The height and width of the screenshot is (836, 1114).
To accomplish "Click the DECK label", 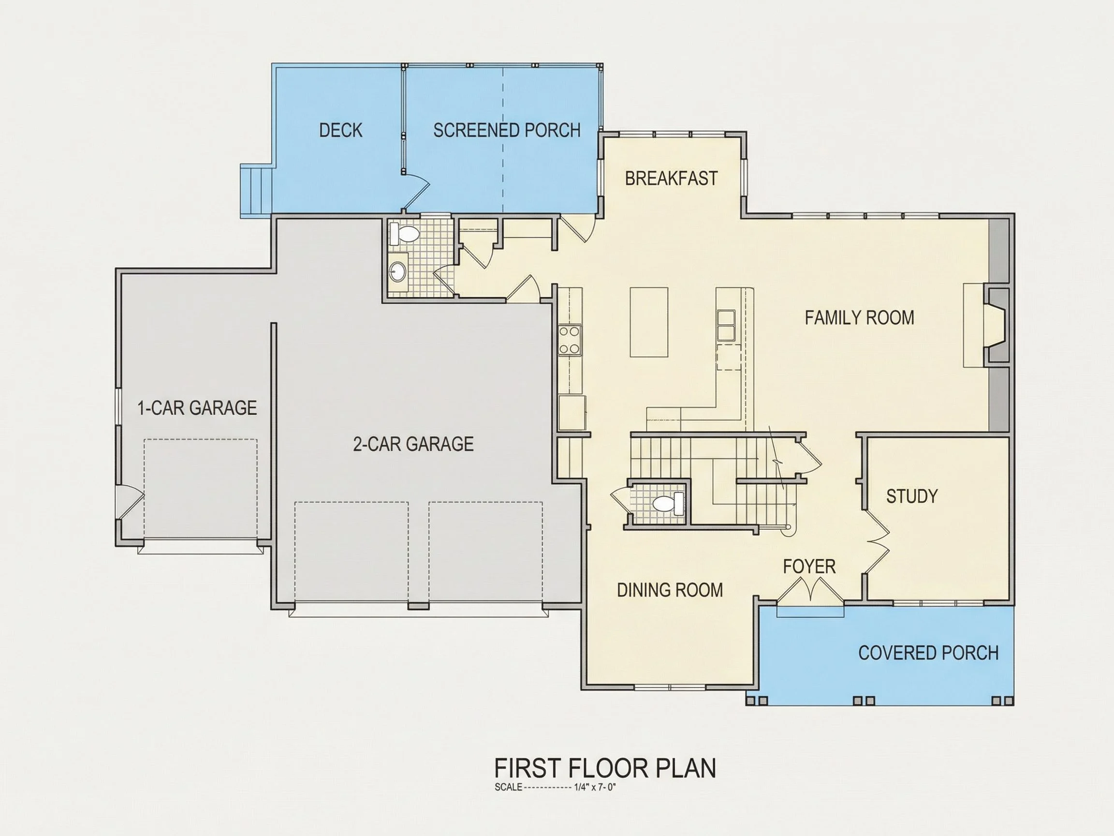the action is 340,131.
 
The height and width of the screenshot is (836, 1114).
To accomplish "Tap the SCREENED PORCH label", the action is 507,131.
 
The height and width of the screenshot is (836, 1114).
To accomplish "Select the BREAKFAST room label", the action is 671,179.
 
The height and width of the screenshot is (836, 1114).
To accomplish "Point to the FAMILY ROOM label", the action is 859,318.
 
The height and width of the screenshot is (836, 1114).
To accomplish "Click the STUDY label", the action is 911,496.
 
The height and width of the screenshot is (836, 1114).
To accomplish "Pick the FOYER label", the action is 809,567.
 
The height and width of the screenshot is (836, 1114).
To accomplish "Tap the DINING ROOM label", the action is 670,590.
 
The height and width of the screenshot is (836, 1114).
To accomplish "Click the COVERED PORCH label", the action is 928,653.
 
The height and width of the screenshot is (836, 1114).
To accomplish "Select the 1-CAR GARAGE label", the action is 197,408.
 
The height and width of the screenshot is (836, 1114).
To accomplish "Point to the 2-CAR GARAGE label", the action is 413,444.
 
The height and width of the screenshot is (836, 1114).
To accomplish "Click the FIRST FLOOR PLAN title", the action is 605,768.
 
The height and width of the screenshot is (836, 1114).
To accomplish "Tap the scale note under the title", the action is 556,788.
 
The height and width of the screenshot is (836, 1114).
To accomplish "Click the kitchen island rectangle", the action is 649,322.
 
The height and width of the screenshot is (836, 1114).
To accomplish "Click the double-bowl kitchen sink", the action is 726,326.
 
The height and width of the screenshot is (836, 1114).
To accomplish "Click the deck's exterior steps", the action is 256,191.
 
